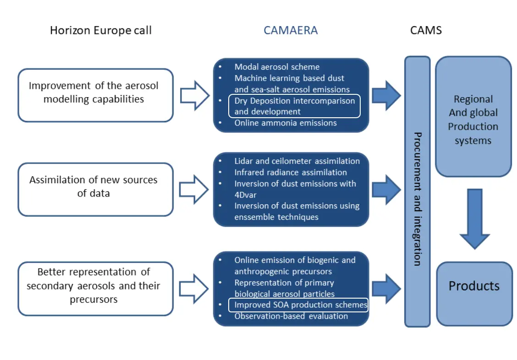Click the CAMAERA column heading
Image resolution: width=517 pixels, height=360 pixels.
tap(290, 31)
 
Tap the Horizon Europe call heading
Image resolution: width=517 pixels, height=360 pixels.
tap(100, 31)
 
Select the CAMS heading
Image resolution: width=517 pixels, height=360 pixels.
tap(426, 31)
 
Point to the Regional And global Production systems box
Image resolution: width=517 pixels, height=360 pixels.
tap(473, 117)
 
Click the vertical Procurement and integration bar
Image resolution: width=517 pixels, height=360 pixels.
tap(417, 191)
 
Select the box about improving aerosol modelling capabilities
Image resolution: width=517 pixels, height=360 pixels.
tap(95, 95)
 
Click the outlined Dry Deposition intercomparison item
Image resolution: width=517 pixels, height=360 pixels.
tap(294, 106)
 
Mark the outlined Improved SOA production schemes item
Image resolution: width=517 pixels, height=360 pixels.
tap(298, 305)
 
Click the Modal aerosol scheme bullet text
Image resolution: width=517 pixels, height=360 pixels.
tap(277, 67)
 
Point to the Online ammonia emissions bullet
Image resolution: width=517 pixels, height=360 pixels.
tap(286, 123)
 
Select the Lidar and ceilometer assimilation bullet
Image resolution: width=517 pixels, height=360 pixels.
tap(297, 161)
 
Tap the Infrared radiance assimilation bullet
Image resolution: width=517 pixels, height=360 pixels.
tap(291, 172)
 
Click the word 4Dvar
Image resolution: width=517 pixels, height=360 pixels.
tap(246, 195)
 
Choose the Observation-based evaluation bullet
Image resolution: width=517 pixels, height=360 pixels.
tap(291, 316)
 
